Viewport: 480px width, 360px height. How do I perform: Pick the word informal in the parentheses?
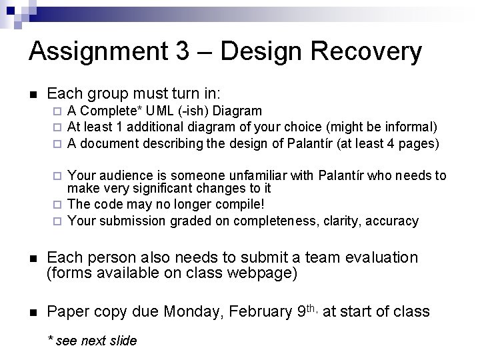(x=411, y=126)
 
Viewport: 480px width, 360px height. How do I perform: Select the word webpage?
(x=256, y=273)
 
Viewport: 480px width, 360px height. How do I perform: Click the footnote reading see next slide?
(x=97, y=341)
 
